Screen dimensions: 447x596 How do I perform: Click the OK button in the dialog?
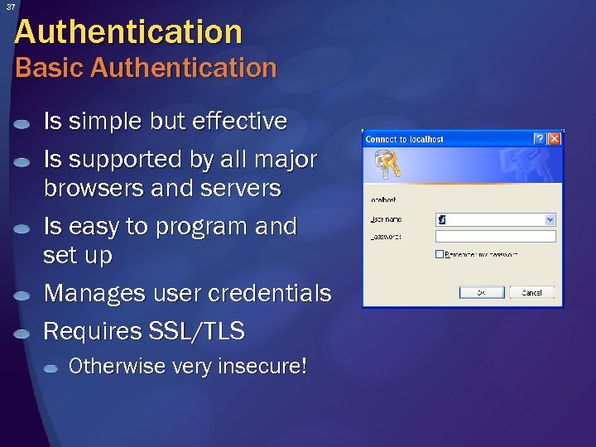click(x=478, y=292)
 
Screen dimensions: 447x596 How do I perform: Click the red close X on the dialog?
click(x=554, y=138)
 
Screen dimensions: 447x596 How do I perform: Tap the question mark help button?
click(x=539, y=138)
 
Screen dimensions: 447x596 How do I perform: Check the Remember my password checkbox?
click(x=440, y=254)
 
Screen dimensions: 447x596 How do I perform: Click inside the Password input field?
click(x=495, y=236)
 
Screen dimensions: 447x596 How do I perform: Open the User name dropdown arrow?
click(x=550, y=219)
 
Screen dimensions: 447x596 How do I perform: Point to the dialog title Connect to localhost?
click(x=405, y=139)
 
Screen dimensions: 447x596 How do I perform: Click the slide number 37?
click(x=11, y=7)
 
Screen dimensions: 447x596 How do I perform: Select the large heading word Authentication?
click(x=128, y=32)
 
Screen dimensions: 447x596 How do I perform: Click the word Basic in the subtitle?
click(x=50, y=68)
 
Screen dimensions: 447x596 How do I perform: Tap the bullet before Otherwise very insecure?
click(x=53, y=368)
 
